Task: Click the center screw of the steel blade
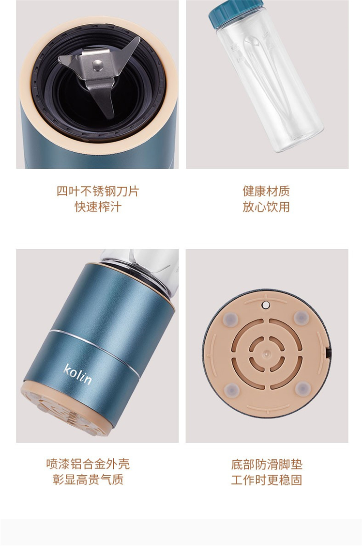tap(98, 64)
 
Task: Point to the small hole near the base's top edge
tap(266, 305)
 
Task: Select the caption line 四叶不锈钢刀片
tap(98, 191)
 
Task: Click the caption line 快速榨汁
tap(98, 207)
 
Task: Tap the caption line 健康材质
tap(266, 191)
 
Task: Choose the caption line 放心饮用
tap(266, 207)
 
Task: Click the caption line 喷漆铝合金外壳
tap(88, 464)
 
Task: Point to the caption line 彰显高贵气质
tap(88, 480)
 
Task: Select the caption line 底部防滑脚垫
tap(267, 464)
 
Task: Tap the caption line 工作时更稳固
tap(267, 480)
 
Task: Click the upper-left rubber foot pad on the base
tap(231, 319)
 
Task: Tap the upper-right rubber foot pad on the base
tap(302, 317)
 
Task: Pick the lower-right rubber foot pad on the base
tap(303, 387)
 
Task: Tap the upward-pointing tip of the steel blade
tap(138, 39)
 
